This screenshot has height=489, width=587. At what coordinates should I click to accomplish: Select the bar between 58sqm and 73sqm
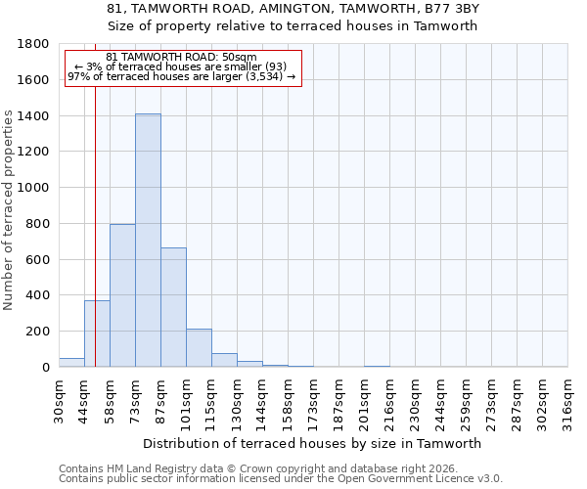122,295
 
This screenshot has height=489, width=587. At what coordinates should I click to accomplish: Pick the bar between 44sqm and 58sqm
97,333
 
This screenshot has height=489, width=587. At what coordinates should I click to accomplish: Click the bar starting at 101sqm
199,348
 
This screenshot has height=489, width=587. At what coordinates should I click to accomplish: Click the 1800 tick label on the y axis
34,44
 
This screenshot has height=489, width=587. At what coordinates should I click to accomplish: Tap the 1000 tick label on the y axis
34,188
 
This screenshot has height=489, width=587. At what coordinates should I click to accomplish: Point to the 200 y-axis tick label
38,332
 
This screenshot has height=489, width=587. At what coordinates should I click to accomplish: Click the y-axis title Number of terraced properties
10,210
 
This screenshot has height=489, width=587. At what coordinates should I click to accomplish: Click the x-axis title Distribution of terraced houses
313,443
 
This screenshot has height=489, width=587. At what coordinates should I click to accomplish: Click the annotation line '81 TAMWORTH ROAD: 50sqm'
181,58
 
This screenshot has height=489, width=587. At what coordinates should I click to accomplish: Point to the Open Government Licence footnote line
281,478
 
